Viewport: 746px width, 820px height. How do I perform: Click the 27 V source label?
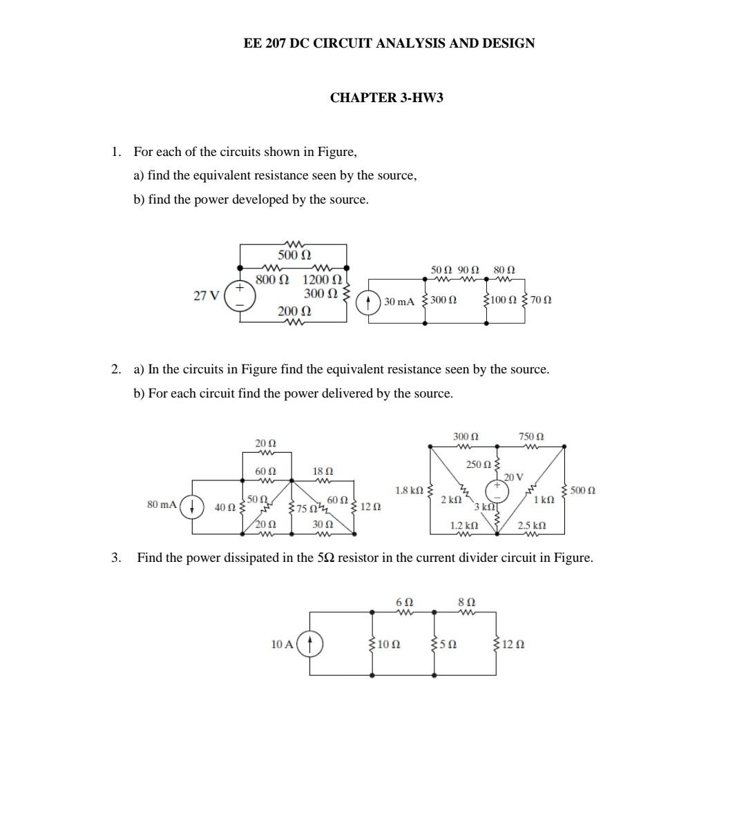[206, 296]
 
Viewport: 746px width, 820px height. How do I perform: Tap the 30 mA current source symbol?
[371, 302]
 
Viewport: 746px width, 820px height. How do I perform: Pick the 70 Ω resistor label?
[542, 300]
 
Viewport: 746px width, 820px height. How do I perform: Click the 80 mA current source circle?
[191, 506]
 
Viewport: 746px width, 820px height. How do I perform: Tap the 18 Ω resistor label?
[323, 471]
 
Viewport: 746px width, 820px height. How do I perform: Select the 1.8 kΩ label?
[409, 491]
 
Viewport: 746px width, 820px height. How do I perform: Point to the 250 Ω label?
[479, 465]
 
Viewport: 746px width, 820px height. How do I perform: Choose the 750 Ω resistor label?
[531, 437]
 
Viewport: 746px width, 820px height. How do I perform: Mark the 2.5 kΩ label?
[532, 526]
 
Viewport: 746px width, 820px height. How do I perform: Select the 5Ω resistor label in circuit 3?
[448, 645]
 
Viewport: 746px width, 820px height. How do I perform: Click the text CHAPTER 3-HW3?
[386, 97]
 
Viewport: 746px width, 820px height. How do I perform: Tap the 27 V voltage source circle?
[241, 295]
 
